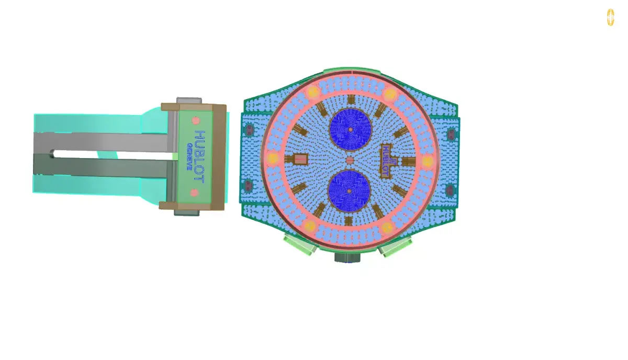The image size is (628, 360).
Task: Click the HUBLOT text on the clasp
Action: click(199, 155)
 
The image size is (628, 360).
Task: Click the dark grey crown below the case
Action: click(347, 257)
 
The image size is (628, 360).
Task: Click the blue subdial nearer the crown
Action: click(349, 191)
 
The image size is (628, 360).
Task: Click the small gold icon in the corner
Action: click(610, 17)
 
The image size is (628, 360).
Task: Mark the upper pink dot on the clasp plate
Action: click(195, 120)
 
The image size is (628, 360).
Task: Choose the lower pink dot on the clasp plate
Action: click(194, 193)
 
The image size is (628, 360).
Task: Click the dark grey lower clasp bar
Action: click(102, 167)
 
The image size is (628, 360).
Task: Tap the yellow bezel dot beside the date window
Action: click(273, 158)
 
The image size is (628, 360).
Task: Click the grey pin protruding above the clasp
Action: click(189, 100)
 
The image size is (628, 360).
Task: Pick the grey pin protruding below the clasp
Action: click(187, 212)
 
